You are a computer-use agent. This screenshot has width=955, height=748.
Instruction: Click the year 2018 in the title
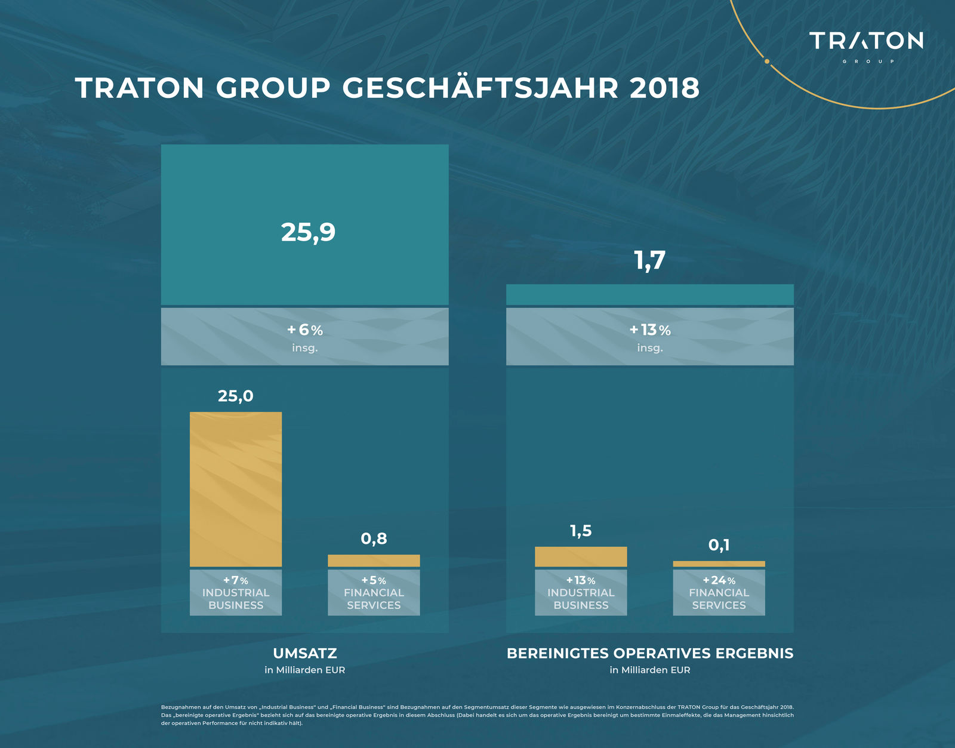pyautogui.click(x=664, y=88)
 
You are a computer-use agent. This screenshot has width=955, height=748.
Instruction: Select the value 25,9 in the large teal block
pyautogui.click(x=308, y=232)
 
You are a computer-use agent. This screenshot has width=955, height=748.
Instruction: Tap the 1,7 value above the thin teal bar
pyautogui.click(x=649, y=261)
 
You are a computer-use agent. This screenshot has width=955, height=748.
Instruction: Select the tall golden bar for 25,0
pyautogui.click(x=236, y=490)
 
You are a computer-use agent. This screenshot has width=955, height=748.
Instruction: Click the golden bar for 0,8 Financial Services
pyautogui.click(x=374, y=561)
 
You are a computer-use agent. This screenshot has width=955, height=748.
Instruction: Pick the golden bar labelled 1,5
pyautogui.click(x=581, y=556)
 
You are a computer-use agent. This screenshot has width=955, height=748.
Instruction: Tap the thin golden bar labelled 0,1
pyautogui.click(x=719, y=564)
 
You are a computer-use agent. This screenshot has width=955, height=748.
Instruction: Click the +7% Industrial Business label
pyautogui.click(x=236, y=592)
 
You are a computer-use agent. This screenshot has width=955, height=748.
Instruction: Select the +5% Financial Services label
pyautogui.click(x=374, y=592)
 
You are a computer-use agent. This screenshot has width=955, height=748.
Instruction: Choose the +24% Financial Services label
pyautogui.click(x=719, y=592)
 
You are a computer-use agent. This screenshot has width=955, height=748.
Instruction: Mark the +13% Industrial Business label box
pyautogui.click(x=581, y=592)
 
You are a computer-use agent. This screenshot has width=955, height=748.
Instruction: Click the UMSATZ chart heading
pyautogui.click(x=304, y=653)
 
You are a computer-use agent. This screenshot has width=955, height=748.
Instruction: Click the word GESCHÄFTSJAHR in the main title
pyautogui.click(x=480, y=88)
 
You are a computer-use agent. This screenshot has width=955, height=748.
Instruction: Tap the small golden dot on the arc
pyautogui.click(x=767, y=61)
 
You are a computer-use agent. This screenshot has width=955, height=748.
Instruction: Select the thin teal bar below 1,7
pyautogui.click(x=649, y=294)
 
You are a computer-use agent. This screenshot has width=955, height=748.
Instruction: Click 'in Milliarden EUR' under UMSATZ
pyautogui.click(x=304, y=670)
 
